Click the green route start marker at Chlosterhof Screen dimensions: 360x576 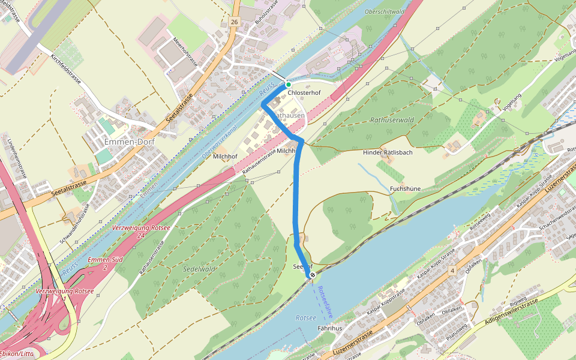point(288,85)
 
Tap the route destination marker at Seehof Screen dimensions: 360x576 point(313,275)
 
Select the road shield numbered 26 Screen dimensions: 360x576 point(233,22)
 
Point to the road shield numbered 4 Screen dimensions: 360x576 point(452,271)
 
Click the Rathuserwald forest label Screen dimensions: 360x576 point(392,120)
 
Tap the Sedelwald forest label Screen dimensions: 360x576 point(199,269)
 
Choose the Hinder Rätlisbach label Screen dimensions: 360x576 point(388,152)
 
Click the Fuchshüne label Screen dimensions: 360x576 point(405,188)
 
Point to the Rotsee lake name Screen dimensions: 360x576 point(305,318)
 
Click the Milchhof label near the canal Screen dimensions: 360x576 point(225,156)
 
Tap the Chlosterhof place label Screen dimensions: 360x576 point(304,94)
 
